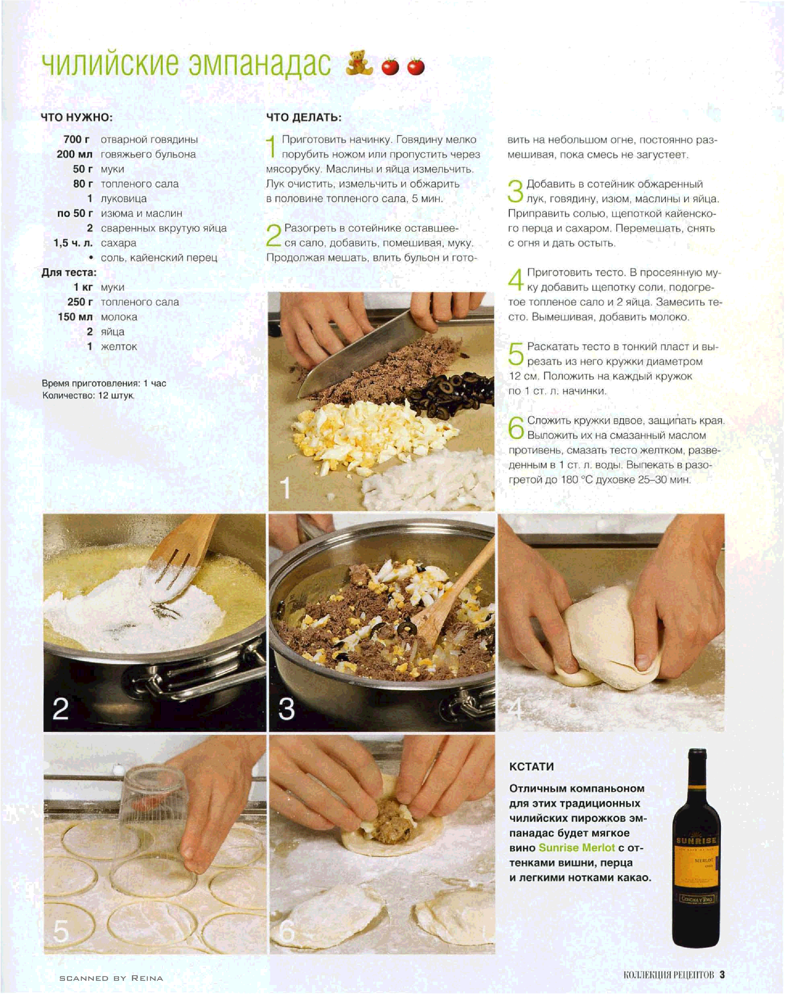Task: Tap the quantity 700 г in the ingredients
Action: (76, 139)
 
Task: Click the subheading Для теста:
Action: (69, 272)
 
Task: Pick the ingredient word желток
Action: (119, 347)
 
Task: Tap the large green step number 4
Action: (516, 279)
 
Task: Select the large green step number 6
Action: (516, 427)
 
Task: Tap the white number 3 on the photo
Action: (286, 709)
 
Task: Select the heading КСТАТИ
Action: (531, 766)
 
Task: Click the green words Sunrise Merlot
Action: (577, 847)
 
